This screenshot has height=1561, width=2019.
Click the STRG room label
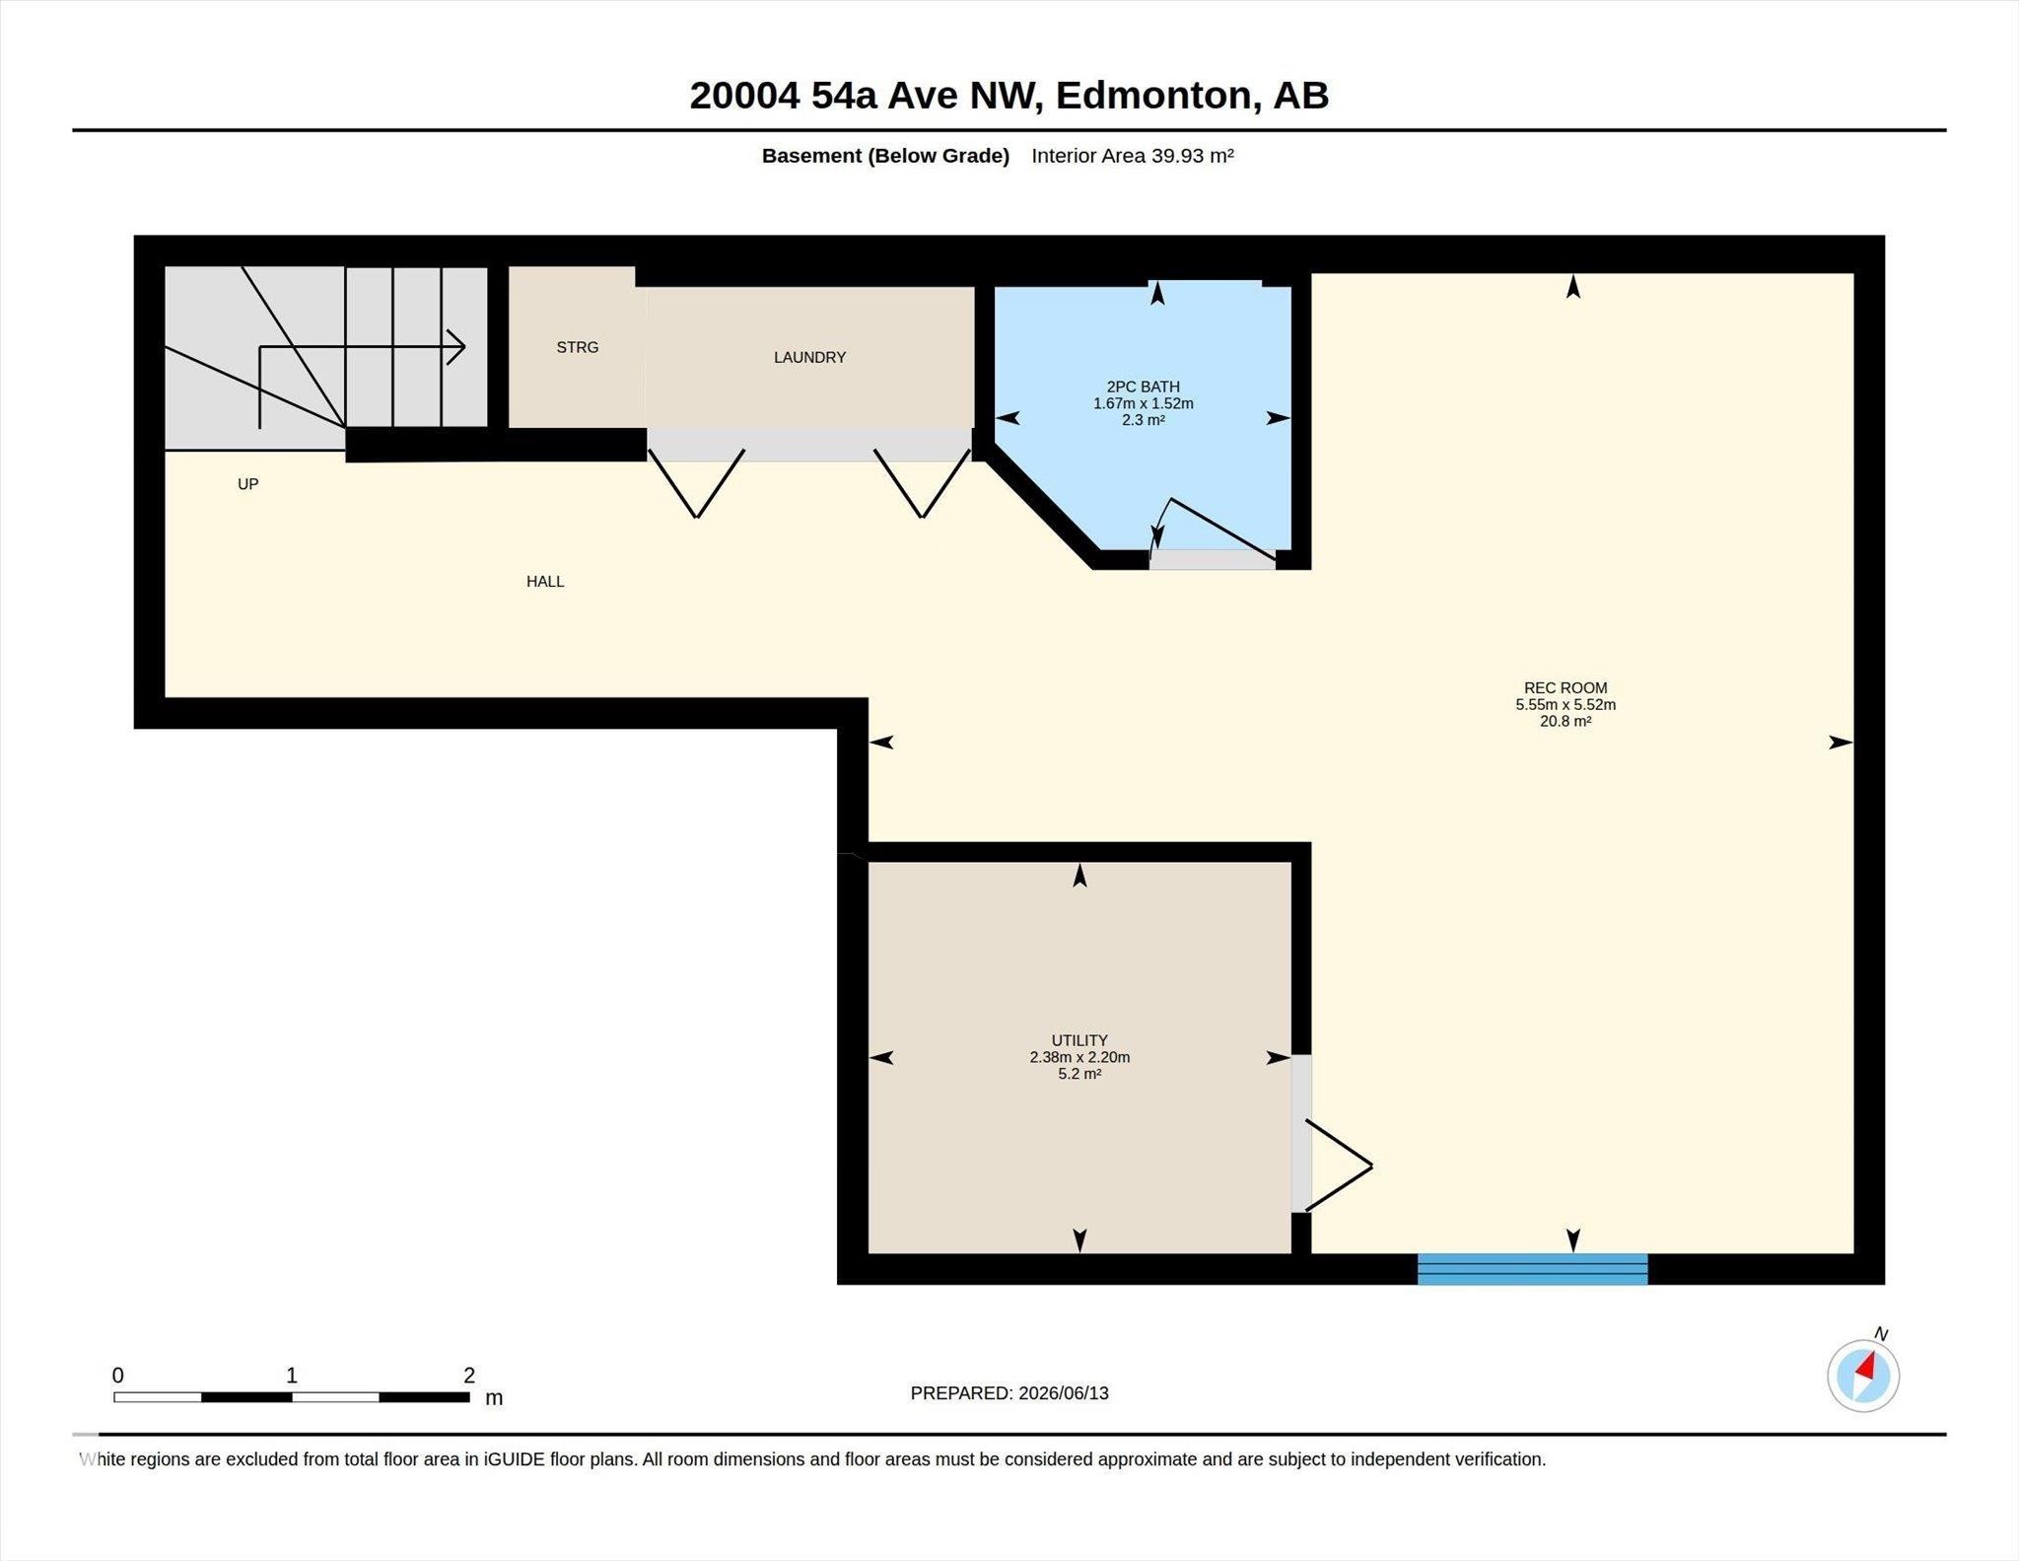[578, 347]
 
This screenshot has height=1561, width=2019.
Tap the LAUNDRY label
[809, 357]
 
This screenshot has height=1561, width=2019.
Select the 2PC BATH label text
[1144, 387]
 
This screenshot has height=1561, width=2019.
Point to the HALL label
[545, 582]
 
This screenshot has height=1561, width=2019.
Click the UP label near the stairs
[247, 484]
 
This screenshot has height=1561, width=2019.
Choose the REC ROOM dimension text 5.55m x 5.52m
[1566, 705]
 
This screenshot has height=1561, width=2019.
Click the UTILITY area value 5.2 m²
[1079, 1074]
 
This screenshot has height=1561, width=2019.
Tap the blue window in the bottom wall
[1532, 1269]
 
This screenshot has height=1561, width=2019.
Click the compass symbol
[1863, 1375]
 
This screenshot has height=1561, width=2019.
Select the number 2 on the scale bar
[469, 1375]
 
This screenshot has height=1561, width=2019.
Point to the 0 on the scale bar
[118, 1375]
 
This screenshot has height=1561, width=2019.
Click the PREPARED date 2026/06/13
[1064, 1393]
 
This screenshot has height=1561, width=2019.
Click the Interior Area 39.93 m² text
[1133, 156]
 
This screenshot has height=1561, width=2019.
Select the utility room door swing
[1338, 1165]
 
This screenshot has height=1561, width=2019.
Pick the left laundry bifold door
[696, 483]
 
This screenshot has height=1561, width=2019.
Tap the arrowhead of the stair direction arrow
[455, 347]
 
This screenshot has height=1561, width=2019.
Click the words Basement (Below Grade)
[885, 156]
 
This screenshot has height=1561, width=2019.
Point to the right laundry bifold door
[922, 483]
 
